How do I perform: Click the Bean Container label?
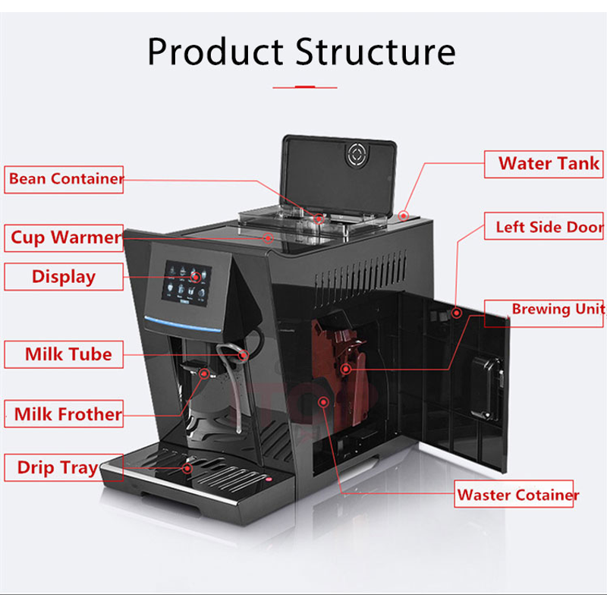pos(64,179)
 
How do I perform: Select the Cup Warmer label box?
pos(64,237)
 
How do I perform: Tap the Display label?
pos(64,276)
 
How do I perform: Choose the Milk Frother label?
pos(68,414)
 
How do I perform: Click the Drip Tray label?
pos(58,467)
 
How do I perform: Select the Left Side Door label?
pos(548,227)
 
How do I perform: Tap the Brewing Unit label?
pos(557,309)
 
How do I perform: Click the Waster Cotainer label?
pos(517,495)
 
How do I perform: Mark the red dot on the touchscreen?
pos(197,278)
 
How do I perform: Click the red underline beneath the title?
pos(303,87)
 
